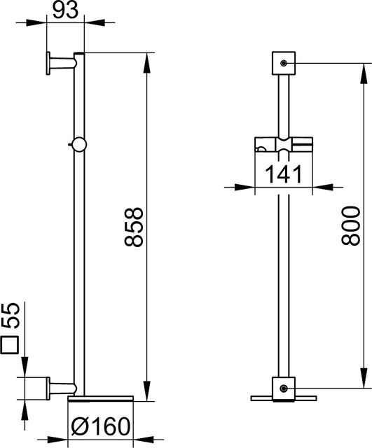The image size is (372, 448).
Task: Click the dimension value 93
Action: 65,10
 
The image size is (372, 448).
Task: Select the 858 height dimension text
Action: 134,227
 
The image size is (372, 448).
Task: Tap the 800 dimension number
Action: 350,225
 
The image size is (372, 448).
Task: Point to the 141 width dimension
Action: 284,174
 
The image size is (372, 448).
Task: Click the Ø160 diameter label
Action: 100,427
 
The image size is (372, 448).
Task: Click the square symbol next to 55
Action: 9,345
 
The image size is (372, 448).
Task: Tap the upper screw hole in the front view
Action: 284,63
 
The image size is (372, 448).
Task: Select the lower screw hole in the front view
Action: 284,388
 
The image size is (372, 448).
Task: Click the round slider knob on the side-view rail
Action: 79,145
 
